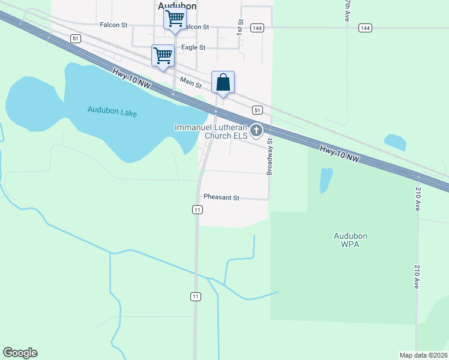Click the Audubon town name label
(177, 5)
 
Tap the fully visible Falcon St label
(114, 25)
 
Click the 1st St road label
(240, 26)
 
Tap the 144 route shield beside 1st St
(258, 28)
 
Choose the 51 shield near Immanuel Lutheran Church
(257, 110)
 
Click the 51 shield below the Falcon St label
(75, 38)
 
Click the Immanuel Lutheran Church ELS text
(211, 131)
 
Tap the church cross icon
(256, 130)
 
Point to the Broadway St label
(270, 157)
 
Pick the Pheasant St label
(221, 197)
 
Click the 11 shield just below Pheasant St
(197, 209)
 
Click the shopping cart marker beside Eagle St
(163, 56)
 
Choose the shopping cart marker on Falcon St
(175, 18)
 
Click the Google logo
(20, 353)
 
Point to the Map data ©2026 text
(423, 355)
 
